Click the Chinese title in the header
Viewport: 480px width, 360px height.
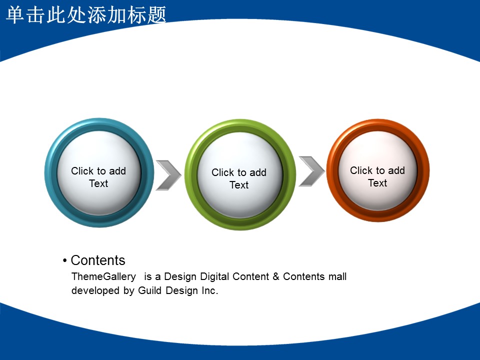(86, 14)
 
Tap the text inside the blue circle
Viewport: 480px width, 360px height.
(98, 177)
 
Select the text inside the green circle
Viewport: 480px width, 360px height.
(239, 178)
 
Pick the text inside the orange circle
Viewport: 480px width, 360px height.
(377, 176)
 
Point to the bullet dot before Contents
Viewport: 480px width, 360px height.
(64, 261)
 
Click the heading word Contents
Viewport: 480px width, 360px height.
(98, 260)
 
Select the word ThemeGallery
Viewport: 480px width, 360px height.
(104, 276)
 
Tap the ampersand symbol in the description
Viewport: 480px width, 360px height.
(276, 276)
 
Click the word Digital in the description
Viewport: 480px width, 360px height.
(214, 276)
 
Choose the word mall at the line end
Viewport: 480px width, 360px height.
(337, 276)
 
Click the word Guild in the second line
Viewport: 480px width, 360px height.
(149, 290)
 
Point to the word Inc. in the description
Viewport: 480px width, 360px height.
(209, 290)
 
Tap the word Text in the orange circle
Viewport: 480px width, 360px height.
(377, 183)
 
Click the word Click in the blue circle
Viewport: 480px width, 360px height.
(82, 171)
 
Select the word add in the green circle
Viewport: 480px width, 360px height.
(258, 172)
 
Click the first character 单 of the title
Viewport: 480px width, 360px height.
(15, 14)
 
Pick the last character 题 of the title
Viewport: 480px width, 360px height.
(156, 14)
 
